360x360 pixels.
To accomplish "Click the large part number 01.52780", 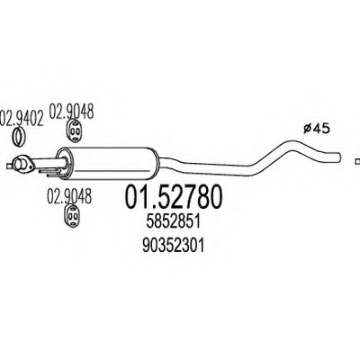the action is point(174,197).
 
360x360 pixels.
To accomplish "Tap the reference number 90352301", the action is point(174,246).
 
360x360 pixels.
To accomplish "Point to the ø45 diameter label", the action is point(316,129).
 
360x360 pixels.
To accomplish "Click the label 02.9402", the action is point(22,118).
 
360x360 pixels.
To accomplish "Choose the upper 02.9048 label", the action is point(71,112).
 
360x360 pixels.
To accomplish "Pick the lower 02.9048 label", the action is point(69,196).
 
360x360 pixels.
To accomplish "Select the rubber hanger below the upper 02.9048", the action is point(74,130).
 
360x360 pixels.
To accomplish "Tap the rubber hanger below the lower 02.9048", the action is point(73,216).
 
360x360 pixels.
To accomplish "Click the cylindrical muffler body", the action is point(107,163).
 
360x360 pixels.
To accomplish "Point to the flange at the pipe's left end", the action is point(22,164).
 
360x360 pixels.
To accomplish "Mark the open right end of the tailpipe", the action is point(338,157).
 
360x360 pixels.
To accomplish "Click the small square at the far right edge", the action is point(357,162).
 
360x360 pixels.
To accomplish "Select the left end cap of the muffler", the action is point(63,164).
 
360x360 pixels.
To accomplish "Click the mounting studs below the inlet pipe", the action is point(49,172).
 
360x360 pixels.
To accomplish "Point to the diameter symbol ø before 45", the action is point(307,129).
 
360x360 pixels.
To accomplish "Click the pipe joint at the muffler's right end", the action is point(159,163).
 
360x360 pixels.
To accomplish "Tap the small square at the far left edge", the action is point(9,165).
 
